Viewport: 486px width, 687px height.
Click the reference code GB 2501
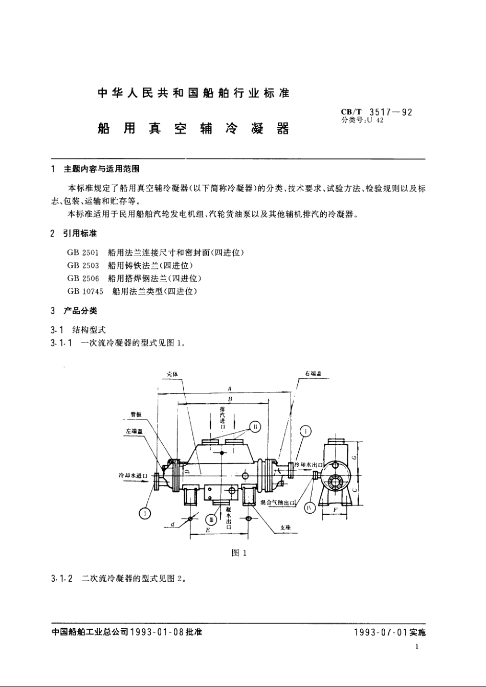coord(83,253)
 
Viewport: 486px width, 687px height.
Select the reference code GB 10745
coord(85,291)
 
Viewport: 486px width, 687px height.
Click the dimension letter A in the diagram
coord(230,389)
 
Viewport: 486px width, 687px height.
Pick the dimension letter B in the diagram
coord(230,399)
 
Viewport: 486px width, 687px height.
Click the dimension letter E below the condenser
coord(207,531)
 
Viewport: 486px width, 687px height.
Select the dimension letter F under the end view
coord(335,510)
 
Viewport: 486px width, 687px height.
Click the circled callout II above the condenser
coord(256,426)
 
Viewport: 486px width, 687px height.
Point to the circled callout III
coord(211,520)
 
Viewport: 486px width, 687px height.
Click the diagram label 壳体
coord(172,374)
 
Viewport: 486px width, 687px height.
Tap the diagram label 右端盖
coord(313,375)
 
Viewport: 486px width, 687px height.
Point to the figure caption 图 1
coord(239,553)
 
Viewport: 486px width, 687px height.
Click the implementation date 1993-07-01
coord(380,632)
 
